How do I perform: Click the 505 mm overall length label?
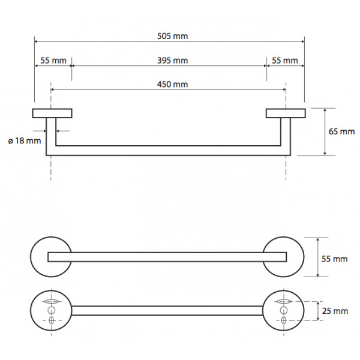tap(173, 36)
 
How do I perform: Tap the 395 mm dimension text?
tap(173, 61)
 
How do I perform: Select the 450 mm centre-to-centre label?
tap(173, 85)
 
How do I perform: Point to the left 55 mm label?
tap(53, 61)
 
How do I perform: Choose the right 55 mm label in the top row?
tap(285, 61)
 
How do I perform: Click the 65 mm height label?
tap(341, 131)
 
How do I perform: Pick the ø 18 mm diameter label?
tap(25, 141)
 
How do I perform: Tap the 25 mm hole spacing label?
tap(335, 311)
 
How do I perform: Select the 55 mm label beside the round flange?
tap(335, 259)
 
